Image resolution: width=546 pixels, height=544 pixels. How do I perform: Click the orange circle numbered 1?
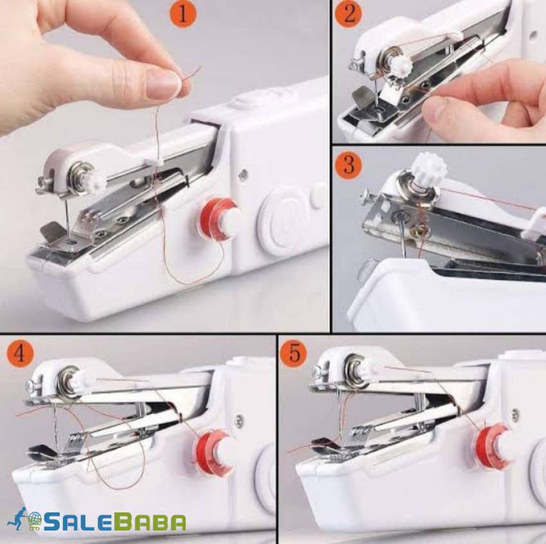[183, 13]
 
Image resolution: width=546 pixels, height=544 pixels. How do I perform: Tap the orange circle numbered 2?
[348, 13]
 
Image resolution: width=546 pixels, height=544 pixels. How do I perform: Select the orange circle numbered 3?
[348, 164]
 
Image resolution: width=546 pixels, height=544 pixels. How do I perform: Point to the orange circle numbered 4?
[21, 354]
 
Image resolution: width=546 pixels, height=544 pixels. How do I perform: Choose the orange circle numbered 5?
[294, 354]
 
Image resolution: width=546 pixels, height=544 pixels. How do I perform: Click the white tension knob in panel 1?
[93, 180]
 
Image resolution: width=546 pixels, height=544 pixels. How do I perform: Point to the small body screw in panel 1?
[243, 174]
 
